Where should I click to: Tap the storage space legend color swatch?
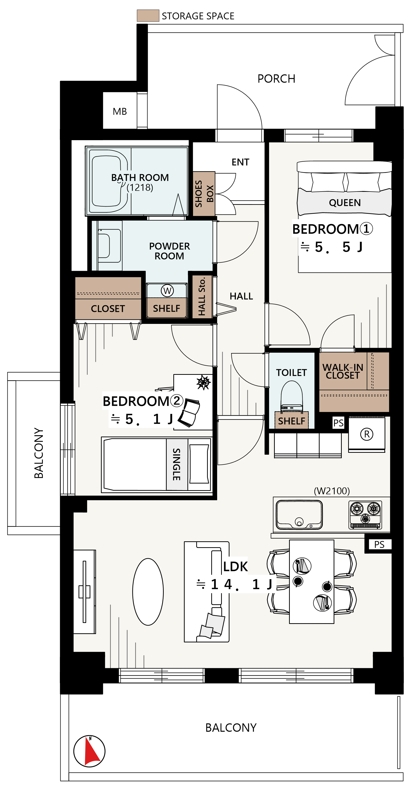(148, 15)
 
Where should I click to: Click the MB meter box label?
(120, 111)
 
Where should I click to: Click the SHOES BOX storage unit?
(204, 194)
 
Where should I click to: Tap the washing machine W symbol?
(167, 290)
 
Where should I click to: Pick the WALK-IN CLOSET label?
(343, 371)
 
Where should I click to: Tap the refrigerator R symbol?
(367, 434)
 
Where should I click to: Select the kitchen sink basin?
(299, 515)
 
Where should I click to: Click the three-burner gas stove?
(365, 515)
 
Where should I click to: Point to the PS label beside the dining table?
(379, 544)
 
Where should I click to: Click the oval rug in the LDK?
(148, 592)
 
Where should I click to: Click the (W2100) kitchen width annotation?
(332, 491)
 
